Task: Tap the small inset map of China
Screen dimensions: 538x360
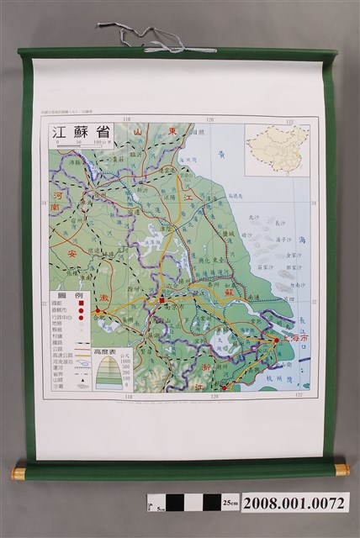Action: tap(277, 149)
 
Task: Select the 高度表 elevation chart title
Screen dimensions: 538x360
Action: tap(114, 354)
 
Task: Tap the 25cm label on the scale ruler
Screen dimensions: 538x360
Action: tap(230, 503)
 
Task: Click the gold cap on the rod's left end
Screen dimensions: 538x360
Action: tap(18, 473)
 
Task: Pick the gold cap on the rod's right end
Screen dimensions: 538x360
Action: tap(341, 469)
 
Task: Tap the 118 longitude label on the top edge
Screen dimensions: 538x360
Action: tap(128, 120)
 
